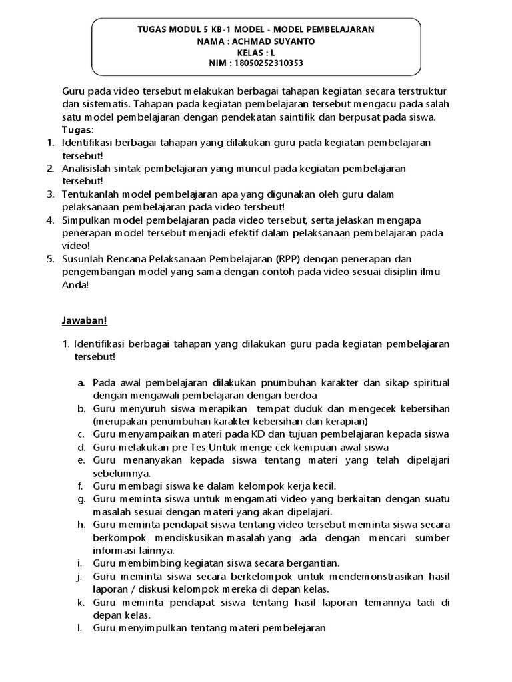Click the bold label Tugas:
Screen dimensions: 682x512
point(77,129)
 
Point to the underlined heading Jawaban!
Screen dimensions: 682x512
point(84,320)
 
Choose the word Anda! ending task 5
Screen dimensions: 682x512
point(75,284)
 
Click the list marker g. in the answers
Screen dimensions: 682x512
point(80,498)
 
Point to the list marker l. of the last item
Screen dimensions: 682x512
point(79,627)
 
